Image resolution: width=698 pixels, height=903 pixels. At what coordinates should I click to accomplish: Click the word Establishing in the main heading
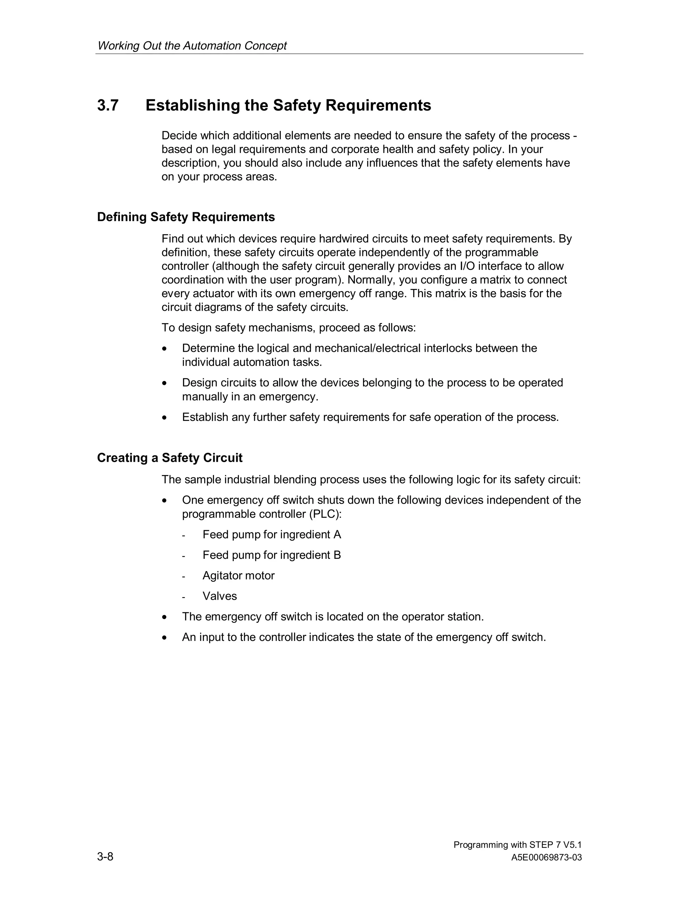[x=192, y=105]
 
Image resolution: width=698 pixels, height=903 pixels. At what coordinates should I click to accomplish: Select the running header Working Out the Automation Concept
[x=192, y=45]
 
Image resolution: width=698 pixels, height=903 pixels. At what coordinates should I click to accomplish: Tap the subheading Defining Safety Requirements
[x=186, y=217]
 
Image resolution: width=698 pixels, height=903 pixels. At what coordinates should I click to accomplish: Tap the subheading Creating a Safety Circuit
[x=169, y=458]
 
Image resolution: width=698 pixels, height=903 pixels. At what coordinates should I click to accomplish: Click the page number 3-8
[x=105, y=856]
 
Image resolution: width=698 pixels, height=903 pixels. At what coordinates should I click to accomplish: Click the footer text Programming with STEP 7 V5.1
[x=517, y=845]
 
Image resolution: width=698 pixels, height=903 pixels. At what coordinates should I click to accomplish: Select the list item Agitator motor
[x=238, y=576]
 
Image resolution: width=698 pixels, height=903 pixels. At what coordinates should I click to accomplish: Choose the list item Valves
[x=219, y=596]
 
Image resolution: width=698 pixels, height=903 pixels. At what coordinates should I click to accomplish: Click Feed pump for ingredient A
[x=272, y=535]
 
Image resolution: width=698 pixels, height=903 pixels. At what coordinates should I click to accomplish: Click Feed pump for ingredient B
[x=272, y=555]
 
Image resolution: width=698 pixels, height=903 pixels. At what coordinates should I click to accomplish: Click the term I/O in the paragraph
[x=467, y=266]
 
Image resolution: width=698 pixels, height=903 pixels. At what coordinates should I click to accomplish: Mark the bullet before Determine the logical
[x=165, y=349]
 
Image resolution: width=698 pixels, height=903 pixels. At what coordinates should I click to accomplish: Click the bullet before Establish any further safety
[x=165, y=418]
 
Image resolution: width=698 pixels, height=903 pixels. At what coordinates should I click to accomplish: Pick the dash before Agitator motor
[x=183, y=576]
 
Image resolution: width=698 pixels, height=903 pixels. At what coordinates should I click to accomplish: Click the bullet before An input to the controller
[x=165, y=638]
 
